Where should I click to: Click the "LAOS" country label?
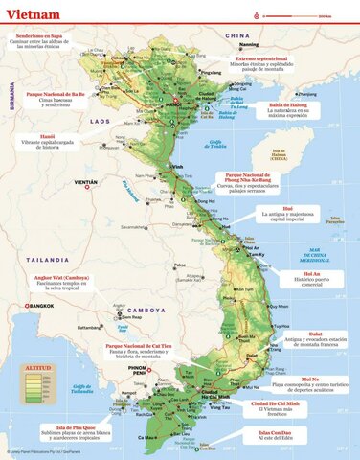[x=101, y=123]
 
